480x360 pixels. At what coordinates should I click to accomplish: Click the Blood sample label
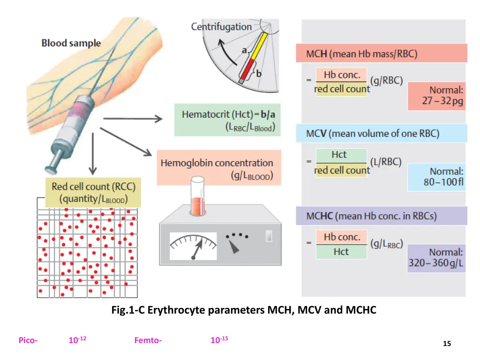pos(71,43)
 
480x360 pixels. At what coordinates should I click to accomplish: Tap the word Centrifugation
pos(221,27)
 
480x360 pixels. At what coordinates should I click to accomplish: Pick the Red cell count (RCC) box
pos(93,193)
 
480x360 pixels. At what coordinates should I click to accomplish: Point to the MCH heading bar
pos(381,53)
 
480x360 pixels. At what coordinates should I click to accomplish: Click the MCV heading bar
pos(381,134)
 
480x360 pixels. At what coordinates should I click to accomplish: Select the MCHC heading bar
pos(381,216)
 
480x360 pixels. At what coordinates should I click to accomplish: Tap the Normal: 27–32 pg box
pos(436,96)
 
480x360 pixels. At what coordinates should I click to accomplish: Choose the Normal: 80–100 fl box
pos(436,177)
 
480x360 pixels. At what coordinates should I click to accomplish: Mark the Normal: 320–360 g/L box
pos(436,258)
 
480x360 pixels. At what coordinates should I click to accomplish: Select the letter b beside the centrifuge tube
pos(259,73)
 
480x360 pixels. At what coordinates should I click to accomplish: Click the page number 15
pos(447,344)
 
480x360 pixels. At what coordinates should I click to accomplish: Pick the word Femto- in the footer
pos(148,341)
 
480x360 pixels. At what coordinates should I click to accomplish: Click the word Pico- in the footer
pos(28,341)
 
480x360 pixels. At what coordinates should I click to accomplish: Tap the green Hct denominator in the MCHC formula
pos(341,252)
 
